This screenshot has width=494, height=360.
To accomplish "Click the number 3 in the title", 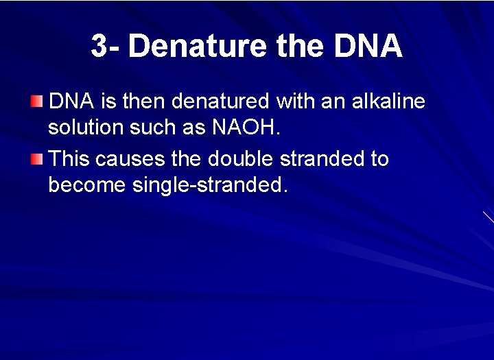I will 99,47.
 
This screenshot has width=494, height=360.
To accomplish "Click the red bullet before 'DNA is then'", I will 36,102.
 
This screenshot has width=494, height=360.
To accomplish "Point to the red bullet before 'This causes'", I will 36,160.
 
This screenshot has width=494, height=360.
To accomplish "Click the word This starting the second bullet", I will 70,159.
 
